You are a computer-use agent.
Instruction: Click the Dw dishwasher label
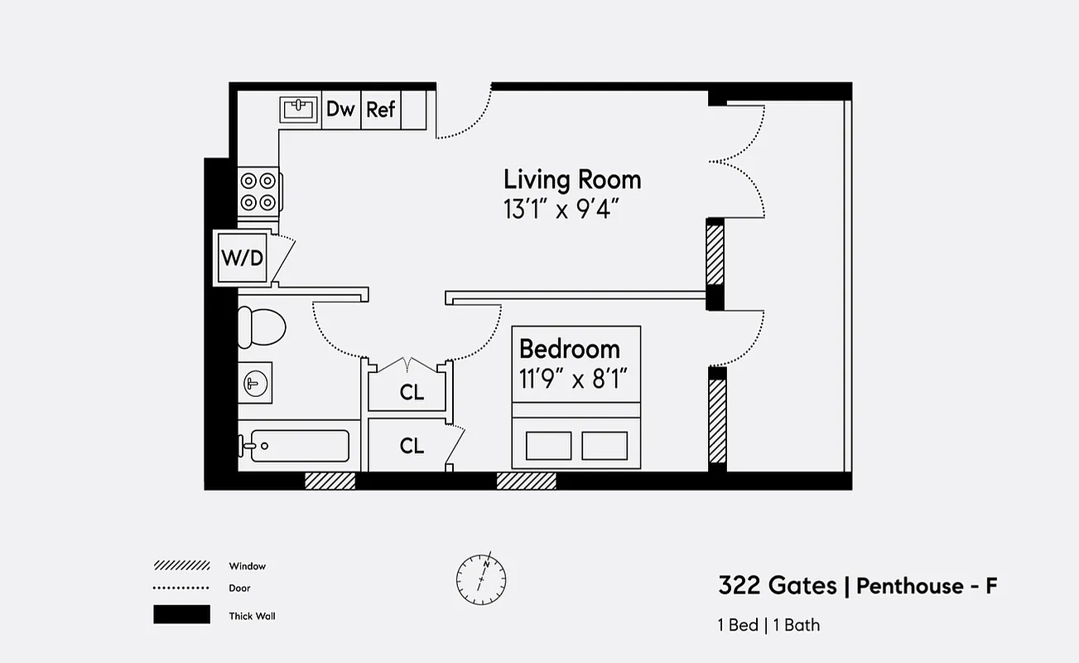point(340,109)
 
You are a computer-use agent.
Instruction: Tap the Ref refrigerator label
point(380,109)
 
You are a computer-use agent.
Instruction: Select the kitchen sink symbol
point(299,109)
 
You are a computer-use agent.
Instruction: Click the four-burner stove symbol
point(258,191)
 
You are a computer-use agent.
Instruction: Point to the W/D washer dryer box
point(242,257)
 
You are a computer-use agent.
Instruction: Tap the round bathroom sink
point(255,382)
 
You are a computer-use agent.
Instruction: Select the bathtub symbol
point(295,446)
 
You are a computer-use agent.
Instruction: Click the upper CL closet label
point(412,393)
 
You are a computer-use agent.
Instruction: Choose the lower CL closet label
point(412,446)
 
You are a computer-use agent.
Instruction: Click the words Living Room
point(572,180)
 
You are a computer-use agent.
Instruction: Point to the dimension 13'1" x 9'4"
point(562,209)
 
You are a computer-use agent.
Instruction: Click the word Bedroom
point(569,348)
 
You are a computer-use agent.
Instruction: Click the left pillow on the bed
point(548,445)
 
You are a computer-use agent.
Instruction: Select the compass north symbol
point(481,577)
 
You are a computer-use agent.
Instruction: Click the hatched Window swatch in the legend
point(181,566)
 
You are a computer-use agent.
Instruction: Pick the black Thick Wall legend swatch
point(181,615)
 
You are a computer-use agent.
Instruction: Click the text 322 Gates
point(777,586)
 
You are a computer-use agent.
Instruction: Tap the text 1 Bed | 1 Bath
point(768,625)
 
